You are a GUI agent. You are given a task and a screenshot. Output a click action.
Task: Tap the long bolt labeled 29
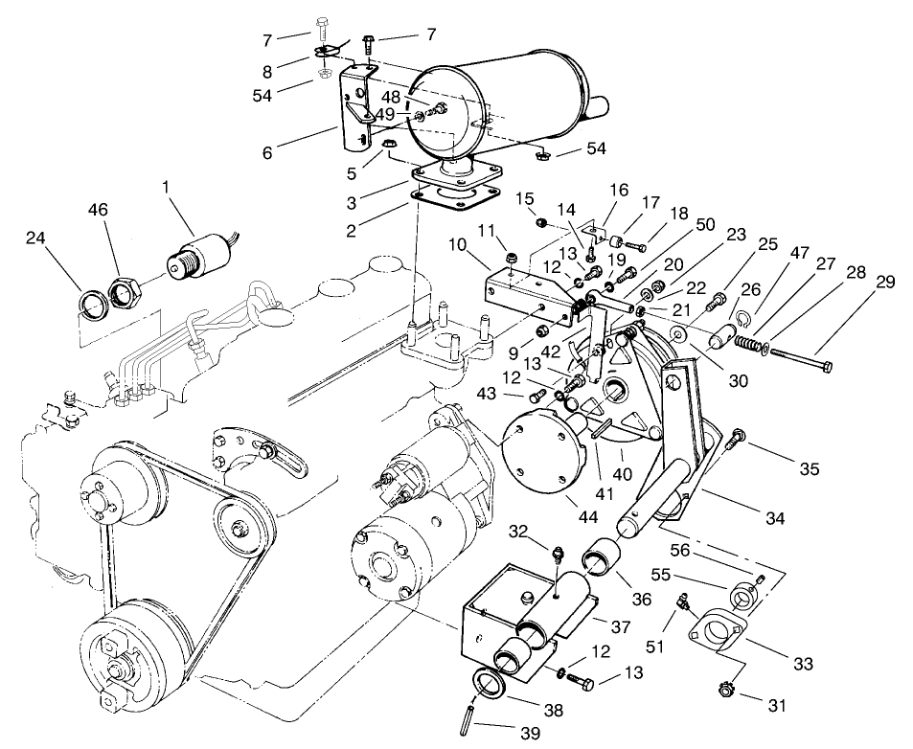(x=800, y=361)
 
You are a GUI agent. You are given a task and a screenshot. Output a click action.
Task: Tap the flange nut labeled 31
(x=724, y=688)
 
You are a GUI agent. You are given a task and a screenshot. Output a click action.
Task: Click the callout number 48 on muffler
(x=391, y=97)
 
